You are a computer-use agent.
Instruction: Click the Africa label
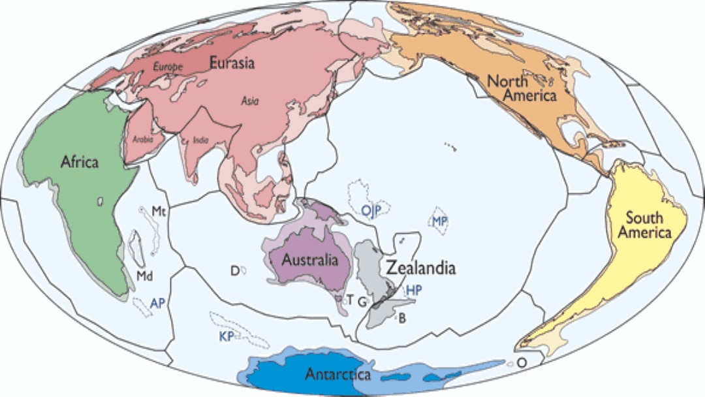pos(79,161)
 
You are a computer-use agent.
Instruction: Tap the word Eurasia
pos(232,63)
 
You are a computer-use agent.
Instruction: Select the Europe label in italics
pos(167,67)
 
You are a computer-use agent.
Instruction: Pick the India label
pos(201,140)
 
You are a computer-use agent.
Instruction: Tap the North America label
pos(522,89)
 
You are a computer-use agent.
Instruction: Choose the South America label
pos(644,225)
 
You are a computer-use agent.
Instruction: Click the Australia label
pos(310,260)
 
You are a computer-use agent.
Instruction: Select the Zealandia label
pos(420,268)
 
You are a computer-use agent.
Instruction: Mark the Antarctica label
pos(338,375)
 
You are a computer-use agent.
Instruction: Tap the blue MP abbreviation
pos(439,221)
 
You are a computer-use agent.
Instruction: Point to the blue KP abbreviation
pos(226,336)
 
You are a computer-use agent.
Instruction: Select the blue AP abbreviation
pos(157,302)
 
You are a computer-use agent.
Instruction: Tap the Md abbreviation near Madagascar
pos(144,276)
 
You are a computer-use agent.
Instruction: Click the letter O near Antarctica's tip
pos(522,362)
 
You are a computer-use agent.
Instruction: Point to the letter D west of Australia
pos(235,270)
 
